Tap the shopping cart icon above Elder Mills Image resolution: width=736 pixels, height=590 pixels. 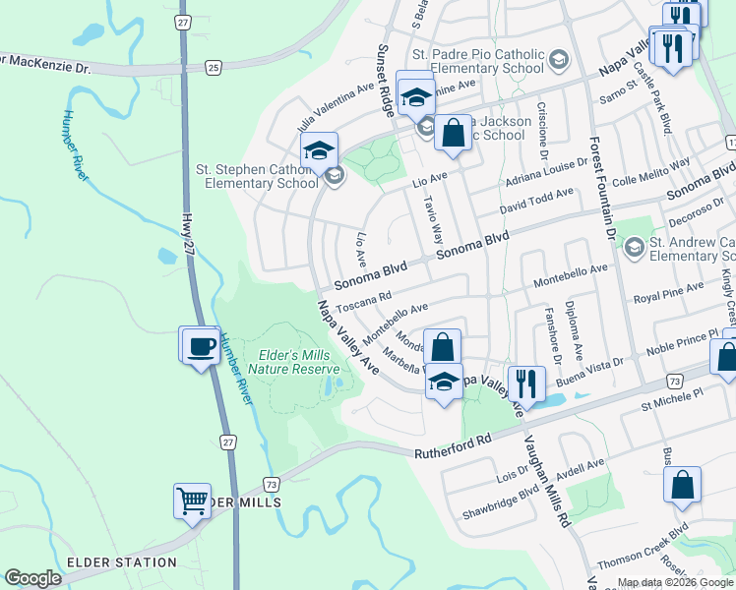tap(193, 501)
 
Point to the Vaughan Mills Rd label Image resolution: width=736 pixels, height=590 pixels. tap(548, 480)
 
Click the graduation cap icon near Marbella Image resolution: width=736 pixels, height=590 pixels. tap(444, 381)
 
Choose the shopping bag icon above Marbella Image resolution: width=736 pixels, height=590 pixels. tap(443, 347)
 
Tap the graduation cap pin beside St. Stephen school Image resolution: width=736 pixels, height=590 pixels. tap(319, 152)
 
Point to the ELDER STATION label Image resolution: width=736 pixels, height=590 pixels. tap(121, 563)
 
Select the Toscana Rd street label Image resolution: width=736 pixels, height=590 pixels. tap(364, 300)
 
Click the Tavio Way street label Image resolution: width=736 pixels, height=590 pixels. tap(434, 222)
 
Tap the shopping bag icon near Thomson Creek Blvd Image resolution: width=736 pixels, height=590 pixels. tap(682, 486)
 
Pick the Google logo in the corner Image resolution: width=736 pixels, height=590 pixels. tap(33, 577)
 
